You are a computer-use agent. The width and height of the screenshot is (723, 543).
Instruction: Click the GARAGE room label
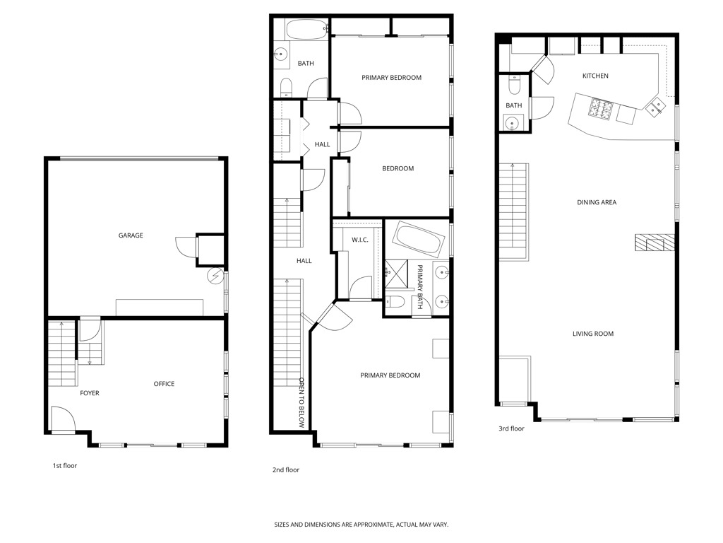click(x=131, y=235)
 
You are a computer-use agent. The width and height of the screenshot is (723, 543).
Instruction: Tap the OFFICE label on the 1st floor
click(x=164, y=384)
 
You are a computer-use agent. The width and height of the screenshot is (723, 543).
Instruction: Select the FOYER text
click(x=89, y=393)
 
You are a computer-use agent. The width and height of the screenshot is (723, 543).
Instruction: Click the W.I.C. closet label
click(x=360, y=240)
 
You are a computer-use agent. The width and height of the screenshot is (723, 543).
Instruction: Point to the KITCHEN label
click(x=594, y=76)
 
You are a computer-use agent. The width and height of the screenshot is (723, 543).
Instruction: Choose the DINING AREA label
click(x=597, y=202)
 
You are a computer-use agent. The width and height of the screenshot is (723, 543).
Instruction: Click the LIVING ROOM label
click(x=592, y=334)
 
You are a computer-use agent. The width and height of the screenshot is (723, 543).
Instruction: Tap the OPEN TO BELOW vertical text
click(x=301, y=403)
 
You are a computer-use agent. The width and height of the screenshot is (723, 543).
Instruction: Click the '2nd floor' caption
click(x=286, y=469)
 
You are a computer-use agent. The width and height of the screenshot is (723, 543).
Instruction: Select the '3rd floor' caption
click(x=511, y=428)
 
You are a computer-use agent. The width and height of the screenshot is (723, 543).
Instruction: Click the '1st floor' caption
click(x=65, y=466)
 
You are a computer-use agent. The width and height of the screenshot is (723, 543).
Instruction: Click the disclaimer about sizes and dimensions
click(x=361, y=525)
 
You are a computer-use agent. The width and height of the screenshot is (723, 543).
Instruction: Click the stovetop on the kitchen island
click(x=600, y=109)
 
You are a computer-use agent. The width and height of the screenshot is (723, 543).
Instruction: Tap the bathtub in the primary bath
click(x=417, y=240)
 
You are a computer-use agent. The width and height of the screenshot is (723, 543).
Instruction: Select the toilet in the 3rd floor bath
click(x=515, y=86)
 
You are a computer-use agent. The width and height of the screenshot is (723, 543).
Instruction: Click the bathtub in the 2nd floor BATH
click(x=305, y=31)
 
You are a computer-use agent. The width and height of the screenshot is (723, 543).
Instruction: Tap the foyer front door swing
click(x=62, y=418)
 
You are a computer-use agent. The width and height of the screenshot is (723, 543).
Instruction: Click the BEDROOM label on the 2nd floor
click(x=398, y=168)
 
